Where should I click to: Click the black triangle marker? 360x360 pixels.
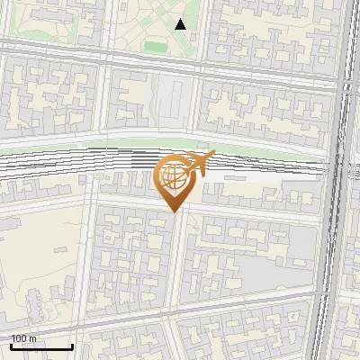point(180,24)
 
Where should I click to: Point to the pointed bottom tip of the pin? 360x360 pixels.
point(175,211)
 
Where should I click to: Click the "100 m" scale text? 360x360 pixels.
point(24,338)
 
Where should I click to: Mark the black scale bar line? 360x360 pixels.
point(40,346)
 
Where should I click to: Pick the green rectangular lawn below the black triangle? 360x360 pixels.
point(157,46)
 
